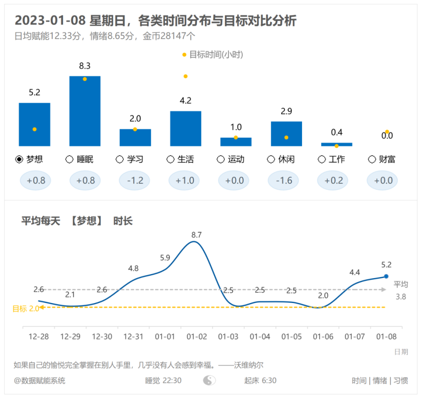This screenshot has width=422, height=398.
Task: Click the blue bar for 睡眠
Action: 85,111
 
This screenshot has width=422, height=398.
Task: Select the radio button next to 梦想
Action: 19,159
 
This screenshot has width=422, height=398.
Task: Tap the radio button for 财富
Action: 372,159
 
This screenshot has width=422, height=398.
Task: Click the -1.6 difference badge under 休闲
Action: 286,180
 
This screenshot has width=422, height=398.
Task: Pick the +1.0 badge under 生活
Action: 185,180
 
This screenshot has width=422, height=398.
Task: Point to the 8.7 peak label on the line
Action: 196,235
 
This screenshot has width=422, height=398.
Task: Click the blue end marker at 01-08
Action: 386,276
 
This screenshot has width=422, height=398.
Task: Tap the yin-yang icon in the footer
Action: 209,380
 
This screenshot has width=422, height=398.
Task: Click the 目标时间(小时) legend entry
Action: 213,55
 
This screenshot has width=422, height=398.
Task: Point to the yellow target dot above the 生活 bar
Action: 186,76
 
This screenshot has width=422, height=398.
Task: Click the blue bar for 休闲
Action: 286,134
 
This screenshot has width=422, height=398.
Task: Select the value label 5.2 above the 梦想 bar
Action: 34,93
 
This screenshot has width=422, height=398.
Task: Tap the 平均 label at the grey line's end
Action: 400,284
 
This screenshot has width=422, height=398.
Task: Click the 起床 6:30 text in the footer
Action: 260,380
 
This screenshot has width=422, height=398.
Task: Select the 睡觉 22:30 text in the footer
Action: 163,380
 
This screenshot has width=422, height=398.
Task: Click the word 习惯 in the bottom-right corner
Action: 400,380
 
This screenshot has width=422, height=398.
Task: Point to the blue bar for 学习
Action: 135,138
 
